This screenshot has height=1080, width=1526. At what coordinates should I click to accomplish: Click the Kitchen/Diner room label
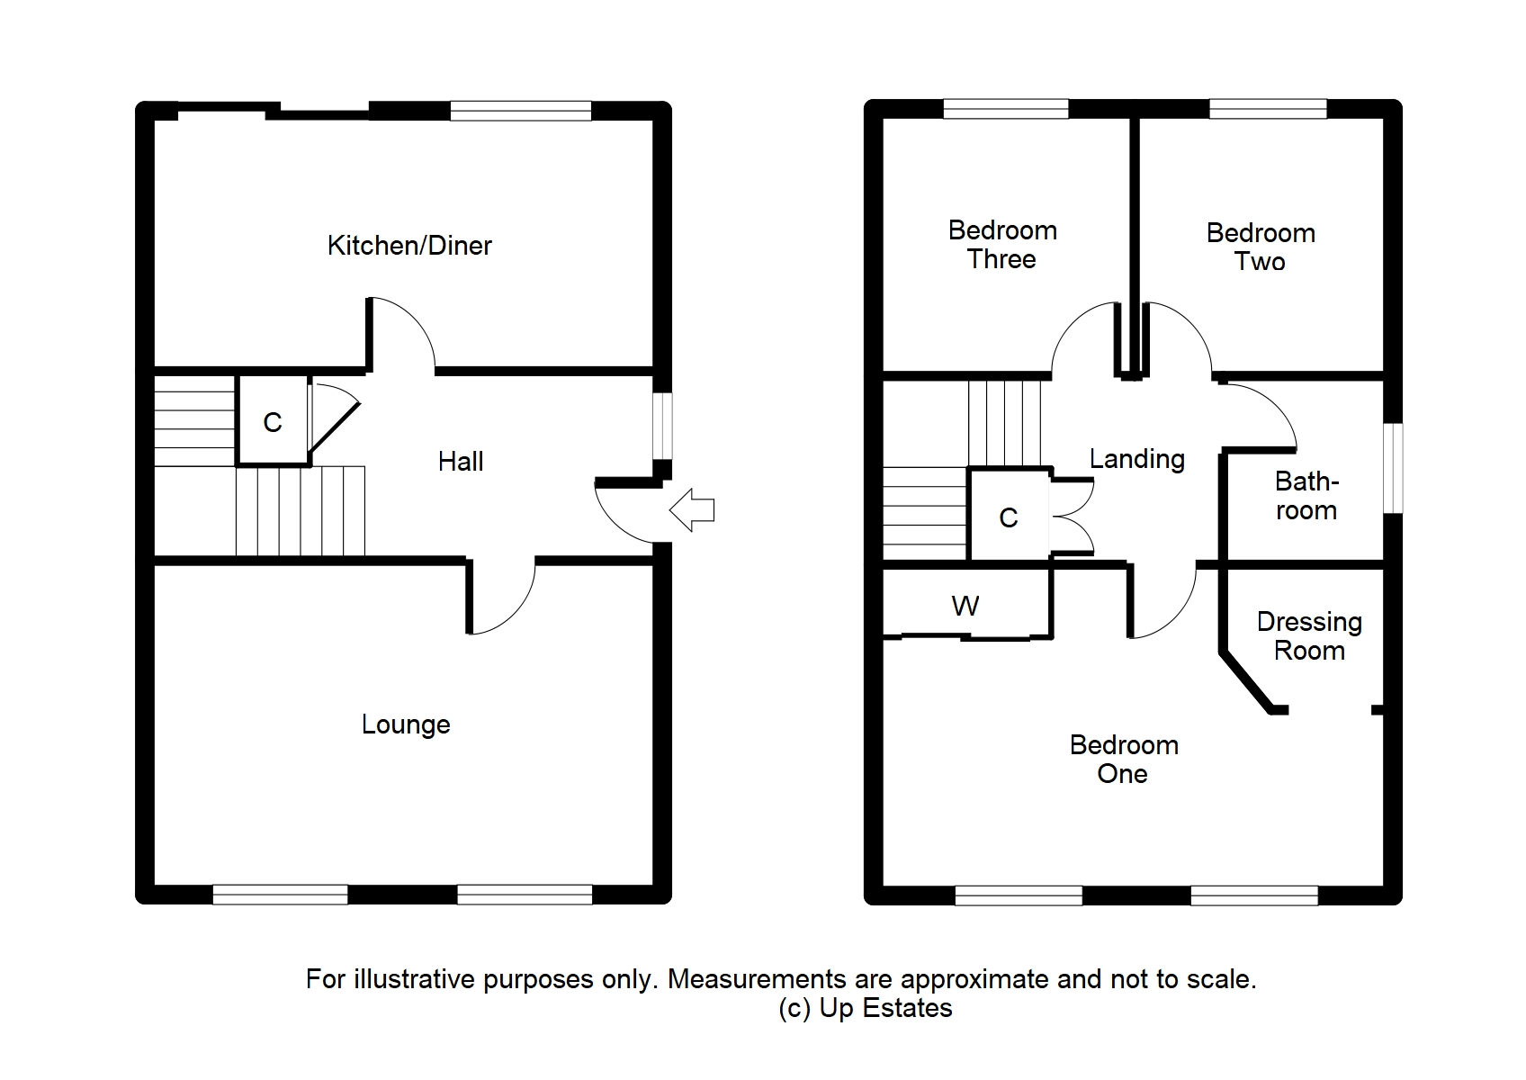(409, 246)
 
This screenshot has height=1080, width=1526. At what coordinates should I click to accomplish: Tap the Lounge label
(406, 724)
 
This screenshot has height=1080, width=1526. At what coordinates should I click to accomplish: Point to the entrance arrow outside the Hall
(692, 510)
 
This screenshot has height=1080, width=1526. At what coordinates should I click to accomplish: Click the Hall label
(461, 462)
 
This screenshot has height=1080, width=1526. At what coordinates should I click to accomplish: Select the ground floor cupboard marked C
(272, 422)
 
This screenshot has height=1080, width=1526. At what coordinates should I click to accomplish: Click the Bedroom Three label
(1002, 245)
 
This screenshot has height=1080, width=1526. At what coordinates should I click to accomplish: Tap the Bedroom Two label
(1261, 247)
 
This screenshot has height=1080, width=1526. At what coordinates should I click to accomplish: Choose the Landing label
(1136, 459)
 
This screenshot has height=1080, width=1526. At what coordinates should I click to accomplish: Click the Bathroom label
(1306, 496)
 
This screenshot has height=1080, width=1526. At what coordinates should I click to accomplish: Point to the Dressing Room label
(1309, 636)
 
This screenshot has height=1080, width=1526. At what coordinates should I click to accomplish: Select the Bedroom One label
(1124, 759)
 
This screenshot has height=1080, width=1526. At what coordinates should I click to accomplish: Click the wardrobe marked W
(965, 607)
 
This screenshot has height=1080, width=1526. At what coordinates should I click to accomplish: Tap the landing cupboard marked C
(1009, 517)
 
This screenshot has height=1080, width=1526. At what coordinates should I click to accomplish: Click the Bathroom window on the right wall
(1393, 468)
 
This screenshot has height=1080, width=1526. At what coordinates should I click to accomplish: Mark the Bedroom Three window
(1006, 109)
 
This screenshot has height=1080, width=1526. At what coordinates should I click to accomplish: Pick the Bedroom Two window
(1268, 109)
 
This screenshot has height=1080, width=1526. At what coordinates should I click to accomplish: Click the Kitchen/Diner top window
(521, 111)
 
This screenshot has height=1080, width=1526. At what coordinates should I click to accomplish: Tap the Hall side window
(662, 425)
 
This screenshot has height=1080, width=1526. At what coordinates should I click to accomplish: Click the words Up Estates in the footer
(885, 1008)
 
